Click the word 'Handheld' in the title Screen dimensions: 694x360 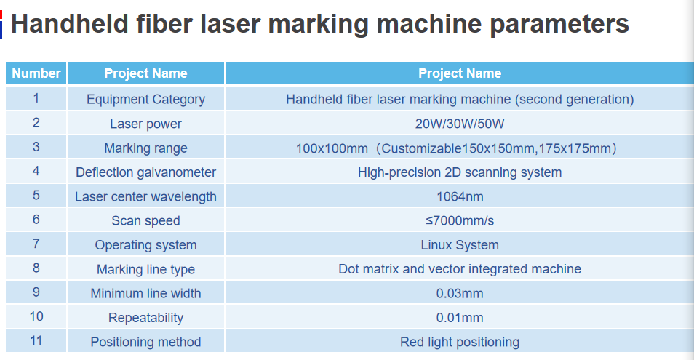tap(70, 23)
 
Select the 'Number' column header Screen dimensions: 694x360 tap(36, 73)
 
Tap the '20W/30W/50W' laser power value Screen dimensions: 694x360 tap(460, 124)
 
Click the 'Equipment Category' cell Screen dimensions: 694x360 tap(145, 100)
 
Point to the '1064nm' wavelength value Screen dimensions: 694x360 tap(460, 196)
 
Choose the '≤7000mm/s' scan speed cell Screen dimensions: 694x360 tap(460, 220)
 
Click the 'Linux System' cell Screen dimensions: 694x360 tap(460, 245)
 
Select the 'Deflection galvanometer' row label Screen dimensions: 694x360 tap(145, 172)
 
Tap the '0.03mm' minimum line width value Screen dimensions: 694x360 tap(460, 293)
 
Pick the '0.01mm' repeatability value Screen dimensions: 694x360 tap(460, 318)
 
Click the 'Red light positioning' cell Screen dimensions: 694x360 tap(460, 342)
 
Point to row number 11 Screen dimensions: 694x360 tap(36, 340)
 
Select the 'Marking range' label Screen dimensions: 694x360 tap(145, 148)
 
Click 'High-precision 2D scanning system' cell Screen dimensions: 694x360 tap(460, 172)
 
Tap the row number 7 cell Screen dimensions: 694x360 tap(36, 244)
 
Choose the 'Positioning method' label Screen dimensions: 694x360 tap(145, 342)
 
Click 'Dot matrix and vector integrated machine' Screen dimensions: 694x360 tap(460, 269)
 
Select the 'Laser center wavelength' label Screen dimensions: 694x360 tap(145, 197)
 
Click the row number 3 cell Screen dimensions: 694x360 tap(36, 147)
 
